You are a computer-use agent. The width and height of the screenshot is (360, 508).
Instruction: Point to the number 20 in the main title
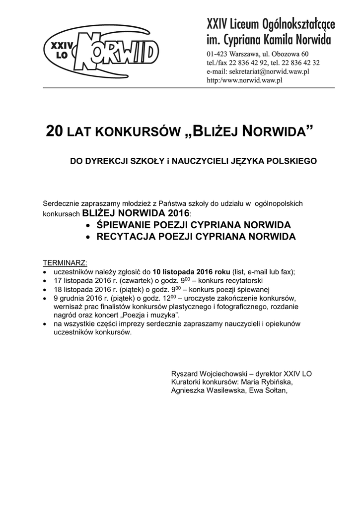tap(55, 131)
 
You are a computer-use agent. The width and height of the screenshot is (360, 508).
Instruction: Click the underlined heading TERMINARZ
tap(65, 262)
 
